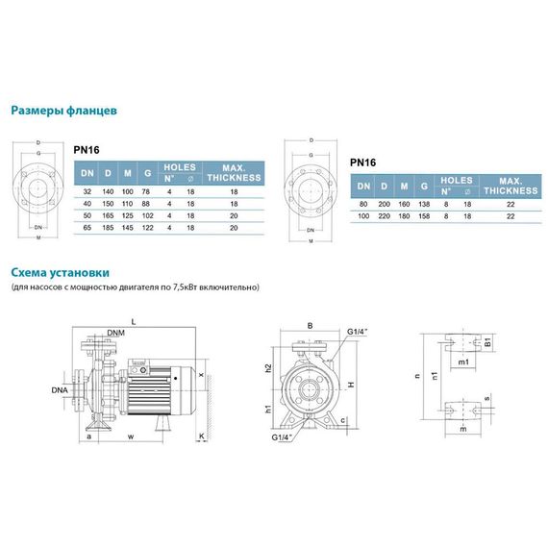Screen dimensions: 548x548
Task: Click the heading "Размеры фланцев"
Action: [63, 111]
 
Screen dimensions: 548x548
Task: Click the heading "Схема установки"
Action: [60, 272]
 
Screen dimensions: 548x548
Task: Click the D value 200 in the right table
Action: [384, 205]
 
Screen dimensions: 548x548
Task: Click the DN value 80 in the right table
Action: [361, 205]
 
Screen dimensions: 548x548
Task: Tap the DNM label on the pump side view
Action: [115, 333]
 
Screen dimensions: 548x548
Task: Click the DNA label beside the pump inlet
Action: [61, 390]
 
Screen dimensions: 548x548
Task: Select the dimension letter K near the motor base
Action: [202, 436]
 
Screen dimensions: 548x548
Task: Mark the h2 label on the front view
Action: [269, 368]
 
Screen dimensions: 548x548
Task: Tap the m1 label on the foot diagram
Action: [463, 361]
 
